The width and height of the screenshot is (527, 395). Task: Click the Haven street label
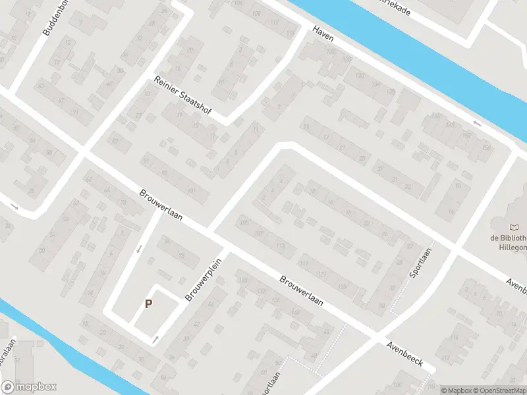click(x=323, y=34)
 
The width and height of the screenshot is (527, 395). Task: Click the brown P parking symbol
click(x=149, y=304)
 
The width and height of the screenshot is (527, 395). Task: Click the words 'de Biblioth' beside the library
click(x=508, y=238)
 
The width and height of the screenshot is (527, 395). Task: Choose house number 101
click(x=192, y=191)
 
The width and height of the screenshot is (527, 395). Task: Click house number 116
click(x=454, y=338)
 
